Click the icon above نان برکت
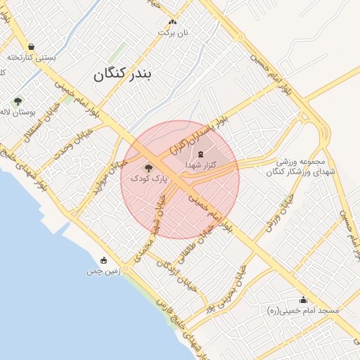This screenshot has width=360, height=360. pos(172,22)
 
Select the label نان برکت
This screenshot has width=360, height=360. pos(172,33)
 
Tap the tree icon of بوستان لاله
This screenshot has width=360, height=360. pos(18,101)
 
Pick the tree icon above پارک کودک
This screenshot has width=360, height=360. pos(148,168)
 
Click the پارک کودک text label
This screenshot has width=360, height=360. pos(148,179)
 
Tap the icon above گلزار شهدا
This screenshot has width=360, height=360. pos(200,153)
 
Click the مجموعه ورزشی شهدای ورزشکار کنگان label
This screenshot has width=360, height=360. pos(302,167)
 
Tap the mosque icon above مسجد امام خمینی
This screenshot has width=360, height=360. pos(303,300)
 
